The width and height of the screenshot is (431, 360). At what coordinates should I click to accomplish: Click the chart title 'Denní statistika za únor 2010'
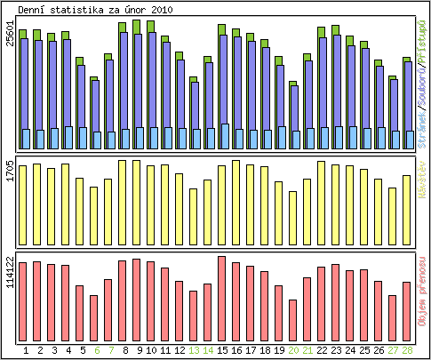click(x=96, y=9)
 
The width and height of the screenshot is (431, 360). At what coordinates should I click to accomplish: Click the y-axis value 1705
click(x=10, y=171)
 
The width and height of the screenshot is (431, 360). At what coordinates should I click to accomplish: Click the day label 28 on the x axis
click(x=406, y=351)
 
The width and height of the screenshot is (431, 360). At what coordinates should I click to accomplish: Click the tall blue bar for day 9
click(x=138, y=80)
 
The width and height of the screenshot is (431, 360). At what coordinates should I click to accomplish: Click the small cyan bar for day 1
click(x=26, y=139)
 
